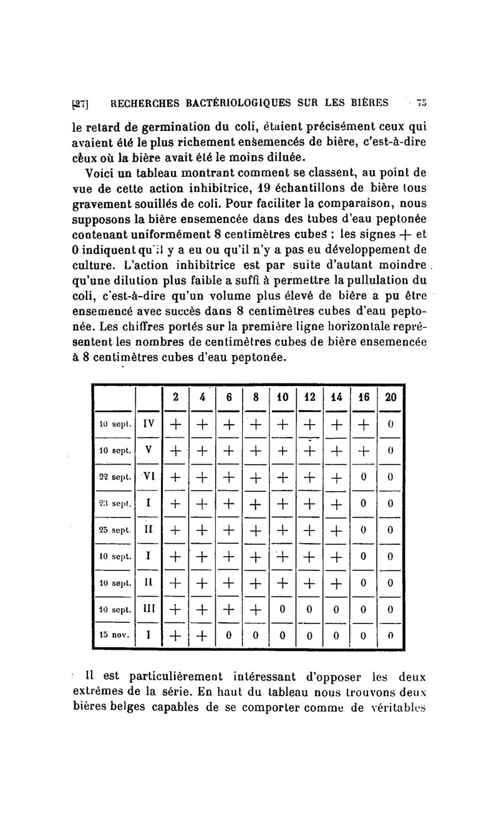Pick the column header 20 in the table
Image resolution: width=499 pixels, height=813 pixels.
390,398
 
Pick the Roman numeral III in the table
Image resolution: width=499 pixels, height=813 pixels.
148,609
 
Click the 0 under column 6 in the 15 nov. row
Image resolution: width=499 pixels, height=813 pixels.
229,635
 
